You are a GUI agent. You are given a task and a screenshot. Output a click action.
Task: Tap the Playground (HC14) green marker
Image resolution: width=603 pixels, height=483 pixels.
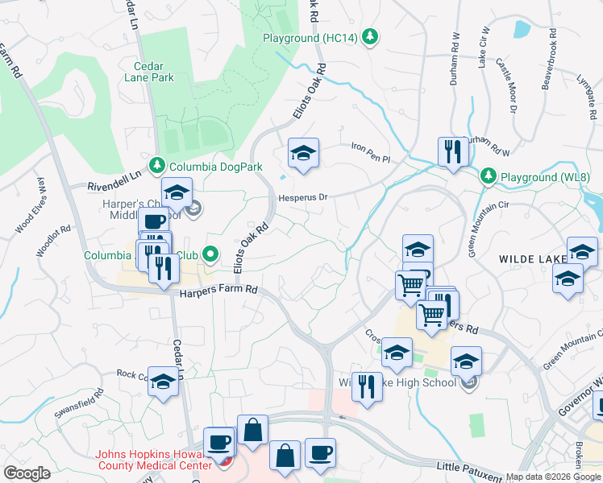point(370,36)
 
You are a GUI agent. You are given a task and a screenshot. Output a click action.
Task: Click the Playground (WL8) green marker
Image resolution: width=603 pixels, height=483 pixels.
point(488,175)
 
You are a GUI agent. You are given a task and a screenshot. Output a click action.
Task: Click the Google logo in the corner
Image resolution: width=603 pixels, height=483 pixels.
point(27,473)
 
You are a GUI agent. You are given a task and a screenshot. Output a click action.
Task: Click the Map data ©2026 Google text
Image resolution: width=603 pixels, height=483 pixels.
point(552,477)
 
